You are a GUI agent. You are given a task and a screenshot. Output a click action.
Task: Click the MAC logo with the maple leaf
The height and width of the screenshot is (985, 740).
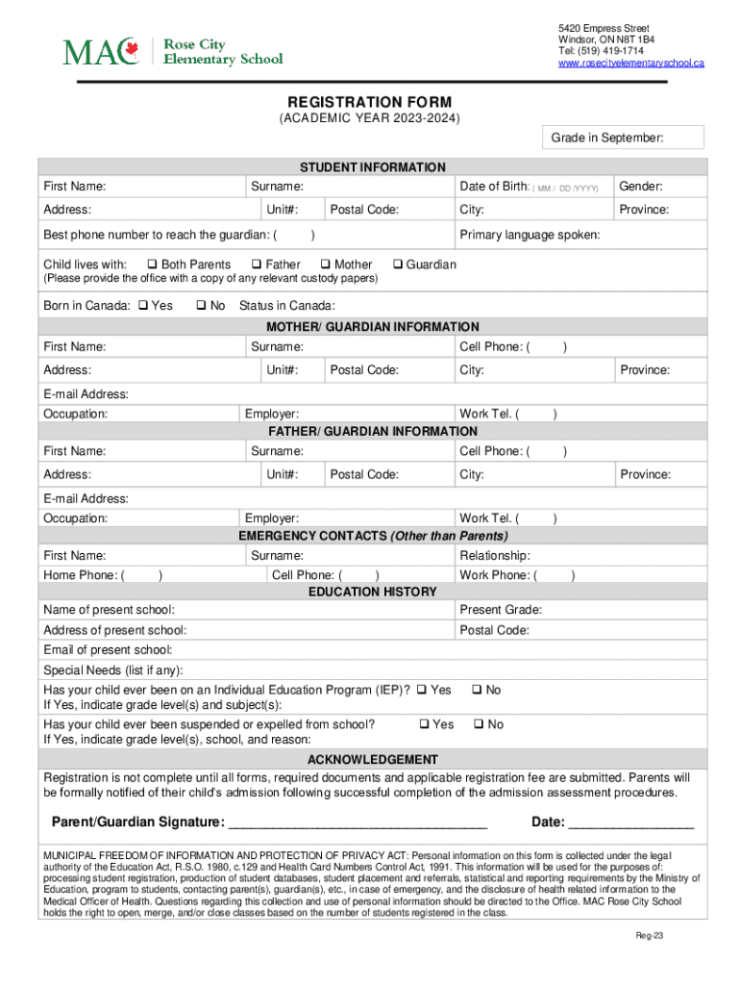100,51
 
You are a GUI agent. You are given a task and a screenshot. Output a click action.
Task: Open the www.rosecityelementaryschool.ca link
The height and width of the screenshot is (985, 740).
631,63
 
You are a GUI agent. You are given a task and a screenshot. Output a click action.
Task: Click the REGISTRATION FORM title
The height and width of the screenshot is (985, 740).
370,102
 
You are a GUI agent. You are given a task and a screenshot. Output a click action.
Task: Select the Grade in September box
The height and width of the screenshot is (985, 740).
623,138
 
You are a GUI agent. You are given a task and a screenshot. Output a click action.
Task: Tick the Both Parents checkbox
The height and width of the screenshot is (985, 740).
152,265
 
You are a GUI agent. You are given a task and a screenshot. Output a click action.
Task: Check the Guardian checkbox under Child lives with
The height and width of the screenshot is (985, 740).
399,265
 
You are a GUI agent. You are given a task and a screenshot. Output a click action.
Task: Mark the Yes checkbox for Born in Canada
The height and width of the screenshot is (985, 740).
142,306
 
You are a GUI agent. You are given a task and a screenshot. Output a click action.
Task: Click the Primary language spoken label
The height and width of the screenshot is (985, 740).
530,235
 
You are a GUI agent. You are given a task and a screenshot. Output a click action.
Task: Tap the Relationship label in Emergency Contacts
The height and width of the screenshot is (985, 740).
495,555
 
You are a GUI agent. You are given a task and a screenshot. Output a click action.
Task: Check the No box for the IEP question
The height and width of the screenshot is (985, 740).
477,690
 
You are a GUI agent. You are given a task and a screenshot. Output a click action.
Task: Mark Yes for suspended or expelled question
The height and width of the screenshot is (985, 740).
426,724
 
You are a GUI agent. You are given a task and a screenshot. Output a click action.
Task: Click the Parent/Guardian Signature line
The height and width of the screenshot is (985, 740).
357,823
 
